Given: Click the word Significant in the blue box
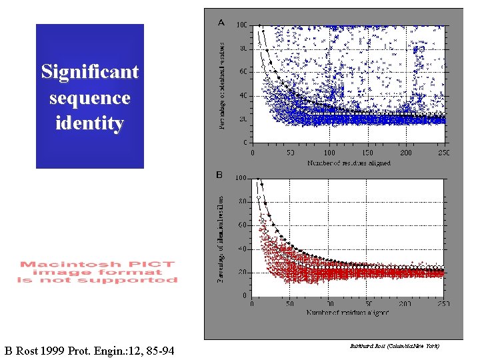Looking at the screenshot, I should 89,72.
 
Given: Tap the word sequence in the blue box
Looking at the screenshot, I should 89,98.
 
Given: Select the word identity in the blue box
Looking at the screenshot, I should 89,123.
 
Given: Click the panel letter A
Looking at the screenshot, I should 221,23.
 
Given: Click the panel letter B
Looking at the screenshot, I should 219,175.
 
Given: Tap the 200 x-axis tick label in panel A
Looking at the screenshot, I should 405,153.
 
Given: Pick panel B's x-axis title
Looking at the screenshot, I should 348,312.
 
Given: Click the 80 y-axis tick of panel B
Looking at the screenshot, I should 243,201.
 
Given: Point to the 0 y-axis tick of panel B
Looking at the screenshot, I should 245,296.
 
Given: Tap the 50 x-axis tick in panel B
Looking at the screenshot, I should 290,303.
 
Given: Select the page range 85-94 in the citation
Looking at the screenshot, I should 157,350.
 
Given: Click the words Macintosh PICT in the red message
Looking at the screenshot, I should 97,265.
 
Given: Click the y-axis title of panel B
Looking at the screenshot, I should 221,238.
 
